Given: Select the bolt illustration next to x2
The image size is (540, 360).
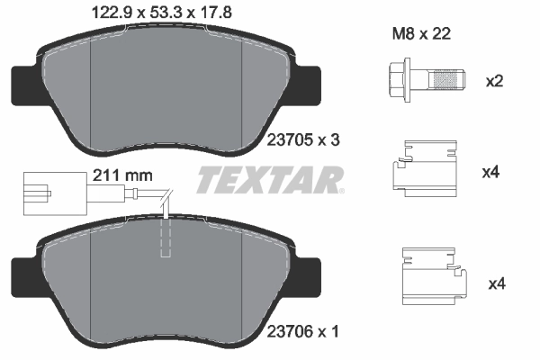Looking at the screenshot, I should pyautogui.click(x=427, y=80).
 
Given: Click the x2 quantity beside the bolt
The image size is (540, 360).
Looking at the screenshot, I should pyautogui.click(x=494, y=81).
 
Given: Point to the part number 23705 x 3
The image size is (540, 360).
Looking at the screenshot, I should pyautogui.click(x=303, y=139).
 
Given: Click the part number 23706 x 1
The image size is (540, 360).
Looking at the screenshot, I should pyautogui.click(x=303, y=331).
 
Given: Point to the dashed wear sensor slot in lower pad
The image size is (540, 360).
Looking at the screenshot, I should pyautogui.click(x=164, y=238).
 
